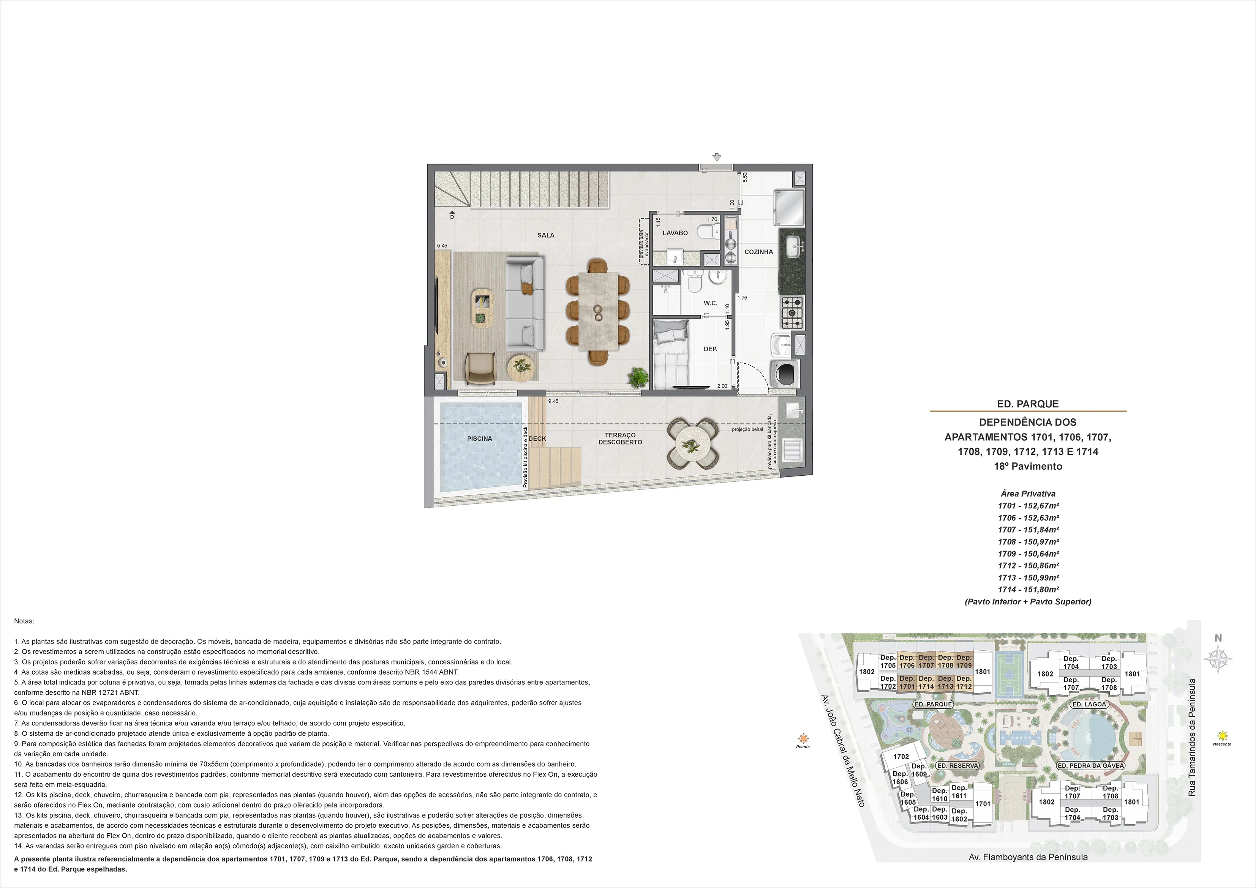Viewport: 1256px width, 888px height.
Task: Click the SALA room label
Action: coord(545,235)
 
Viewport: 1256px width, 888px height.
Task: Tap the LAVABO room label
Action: coord(675,233)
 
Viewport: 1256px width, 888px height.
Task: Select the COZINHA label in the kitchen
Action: coord(759,252)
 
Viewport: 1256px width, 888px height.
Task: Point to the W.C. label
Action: coord(710,303)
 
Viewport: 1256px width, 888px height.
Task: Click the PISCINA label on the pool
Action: coord(480,438)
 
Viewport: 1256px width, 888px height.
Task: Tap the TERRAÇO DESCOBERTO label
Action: coord(620,438)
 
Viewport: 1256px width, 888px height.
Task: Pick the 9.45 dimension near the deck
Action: coord(553,401)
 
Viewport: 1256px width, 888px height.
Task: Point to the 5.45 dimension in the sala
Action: coord(442,246)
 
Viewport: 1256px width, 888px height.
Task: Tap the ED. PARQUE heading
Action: coord(1028,404)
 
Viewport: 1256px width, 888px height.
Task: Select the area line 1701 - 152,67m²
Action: coord(1028,506)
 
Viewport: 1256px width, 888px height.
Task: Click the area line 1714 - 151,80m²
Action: coord(1028,590)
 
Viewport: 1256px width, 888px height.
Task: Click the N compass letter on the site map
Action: coord(1218,637)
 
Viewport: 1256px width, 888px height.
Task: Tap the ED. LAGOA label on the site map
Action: coord(1089,704)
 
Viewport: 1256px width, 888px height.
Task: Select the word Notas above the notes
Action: coord(24,621)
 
